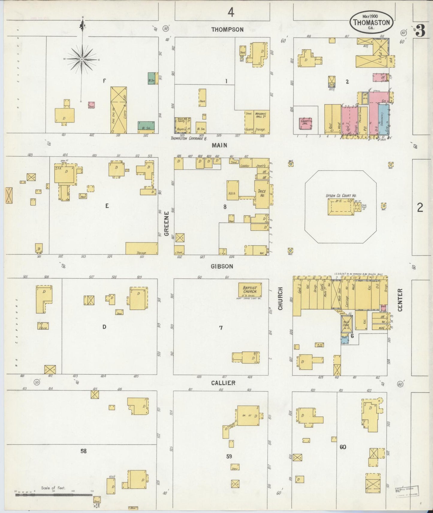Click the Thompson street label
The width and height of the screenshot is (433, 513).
coord(227,29)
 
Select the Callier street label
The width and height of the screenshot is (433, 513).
coord(223,383)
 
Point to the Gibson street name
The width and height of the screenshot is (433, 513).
coord(222,266)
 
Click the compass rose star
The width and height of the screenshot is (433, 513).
coord(82,60)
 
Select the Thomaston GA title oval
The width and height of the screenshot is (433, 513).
coord(372,22)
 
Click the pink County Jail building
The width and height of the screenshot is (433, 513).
coord(306,124)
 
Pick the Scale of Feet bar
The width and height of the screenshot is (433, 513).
coord(54,495)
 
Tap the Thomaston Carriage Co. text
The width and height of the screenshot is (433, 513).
coord(189,139)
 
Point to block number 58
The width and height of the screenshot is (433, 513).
coord(83,451)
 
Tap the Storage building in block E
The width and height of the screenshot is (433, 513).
coord(141,248)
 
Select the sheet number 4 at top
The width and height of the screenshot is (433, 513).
coord(230,13)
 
